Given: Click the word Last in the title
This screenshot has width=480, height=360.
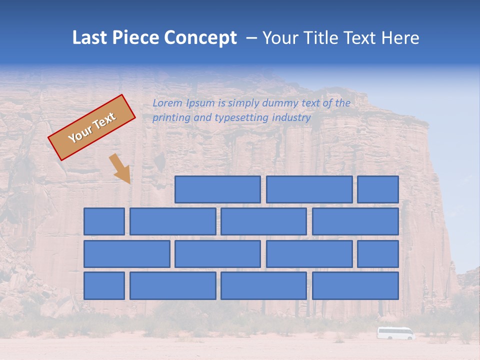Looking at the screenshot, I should [x=91, y=38].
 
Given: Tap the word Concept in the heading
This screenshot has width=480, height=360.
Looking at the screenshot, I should [x=200, y=38].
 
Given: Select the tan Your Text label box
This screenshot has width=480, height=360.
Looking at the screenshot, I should [x=92, y=127].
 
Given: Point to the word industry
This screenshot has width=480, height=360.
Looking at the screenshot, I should [x=291, y=117].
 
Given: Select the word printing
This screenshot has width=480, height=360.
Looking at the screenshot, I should [x=172, y=118].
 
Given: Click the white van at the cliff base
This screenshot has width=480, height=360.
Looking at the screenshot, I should [x=396, y=333].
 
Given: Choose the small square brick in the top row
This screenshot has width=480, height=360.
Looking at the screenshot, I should [x=378, y=189].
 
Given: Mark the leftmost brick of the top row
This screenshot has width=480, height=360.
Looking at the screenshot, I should [x=217, y=189].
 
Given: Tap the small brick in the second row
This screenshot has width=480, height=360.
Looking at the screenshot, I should [x=104, y=221].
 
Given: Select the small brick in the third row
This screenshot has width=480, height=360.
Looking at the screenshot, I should [x=378, y=253].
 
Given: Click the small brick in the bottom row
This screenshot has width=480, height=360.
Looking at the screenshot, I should [x=104, y=285].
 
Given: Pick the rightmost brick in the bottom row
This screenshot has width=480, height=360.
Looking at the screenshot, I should [x=355, y=285].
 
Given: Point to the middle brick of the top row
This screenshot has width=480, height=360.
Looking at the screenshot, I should [x=309, y=189].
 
